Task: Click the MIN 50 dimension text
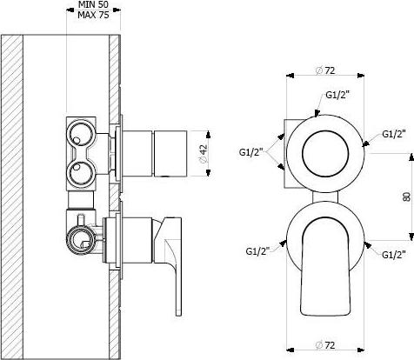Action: tap(93, 4)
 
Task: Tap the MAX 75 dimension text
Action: tap(93, 15)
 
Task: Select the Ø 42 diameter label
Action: tap(204, 153)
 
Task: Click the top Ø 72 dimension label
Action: tap(325, 70)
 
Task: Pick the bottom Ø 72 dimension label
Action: tap(325, 345)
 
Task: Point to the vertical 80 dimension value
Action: tap(407, 197)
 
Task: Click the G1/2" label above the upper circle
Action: tap(337, 95)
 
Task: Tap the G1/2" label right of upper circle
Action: tap(394, 134)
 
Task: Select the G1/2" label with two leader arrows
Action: tap(251, 152)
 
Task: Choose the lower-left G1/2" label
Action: tap(257, 251)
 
